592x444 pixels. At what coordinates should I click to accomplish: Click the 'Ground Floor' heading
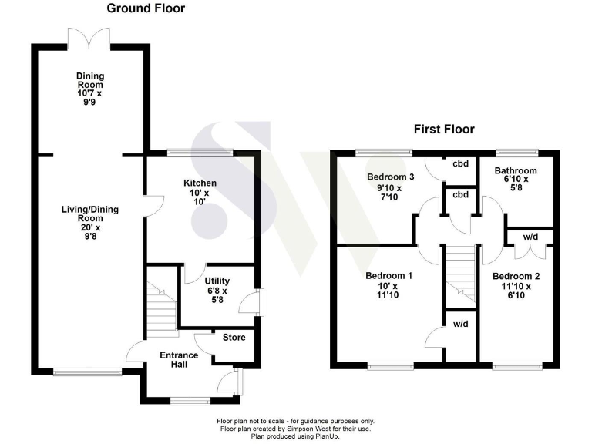[x=145, y=9]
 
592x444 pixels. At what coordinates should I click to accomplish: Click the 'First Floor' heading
[x=443, y=129]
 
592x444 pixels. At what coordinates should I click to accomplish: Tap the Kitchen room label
[x=200, y=183]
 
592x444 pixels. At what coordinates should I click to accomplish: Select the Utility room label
[x=217, y=281]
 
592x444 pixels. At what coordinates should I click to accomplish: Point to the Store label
[x=234, y=336]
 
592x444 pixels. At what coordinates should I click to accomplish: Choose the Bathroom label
[x=516, y=170]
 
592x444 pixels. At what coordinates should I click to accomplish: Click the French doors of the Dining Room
[x=90, y=38]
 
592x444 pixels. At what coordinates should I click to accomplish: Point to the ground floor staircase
[x=161, y=304]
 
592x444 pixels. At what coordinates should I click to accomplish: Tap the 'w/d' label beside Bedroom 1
[x=461, y=323]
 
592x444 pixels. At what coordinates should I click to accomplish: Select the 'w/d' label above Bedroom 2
[x=530, y=236]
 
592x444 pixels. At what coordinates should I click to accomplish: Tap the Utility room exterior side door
[x=257, y=302]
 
